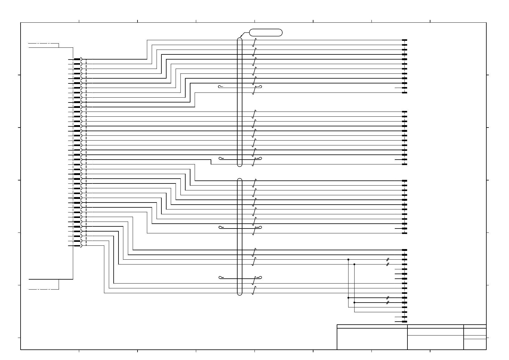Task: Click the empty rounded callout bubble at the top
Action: [x=266, y=33]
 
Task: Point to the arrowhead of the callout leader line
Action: [x=241, y=37]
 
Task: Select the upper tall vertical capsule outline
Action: [x=240, y=102]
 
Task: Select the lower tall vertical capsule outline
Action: [x=240, y=236]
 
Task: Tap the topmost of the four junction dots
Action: [x=348, y=259]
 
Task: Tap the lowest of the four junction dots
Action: [x=354, y=302]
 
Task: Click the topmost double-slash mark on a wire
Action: [x=387, y=259]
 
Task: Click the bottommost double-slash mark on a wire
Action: [x=387, y=302]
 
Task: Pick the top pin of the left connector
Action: [x=77, y=59]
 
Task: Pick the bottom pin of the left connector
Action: [x=77, y=246]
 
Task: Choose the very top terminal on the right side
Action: [x=404, y=40]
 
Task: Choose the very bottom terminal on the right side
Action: [x=404, y=322]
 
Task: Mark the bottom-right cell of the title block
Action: [x=475, y=344]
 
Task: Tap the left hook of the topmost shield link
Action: [x=220, y=87]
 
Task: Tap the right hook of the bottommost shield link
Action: [x=259, y=277]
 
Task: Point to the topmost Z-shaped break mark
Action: [x=254, y=42]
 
